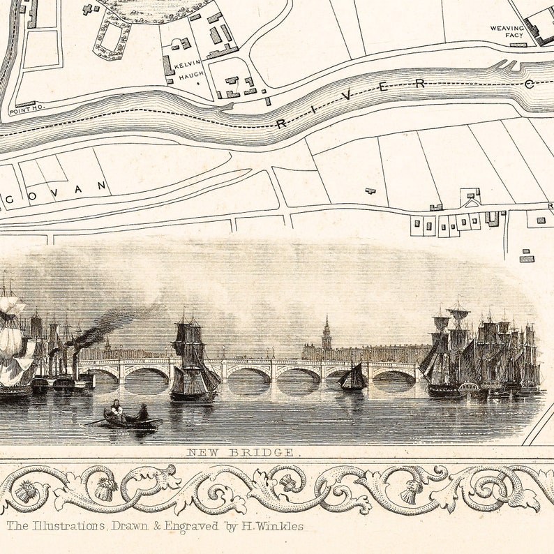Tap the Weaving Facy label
click(507, 33)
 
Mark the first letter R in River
click(281, 124)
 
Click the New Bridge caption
click(241, 452)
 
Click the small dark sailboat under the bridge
click(353, 377)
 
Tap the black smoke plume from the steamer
click(112, 325)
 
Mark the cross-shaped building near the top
click(87, 10)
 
